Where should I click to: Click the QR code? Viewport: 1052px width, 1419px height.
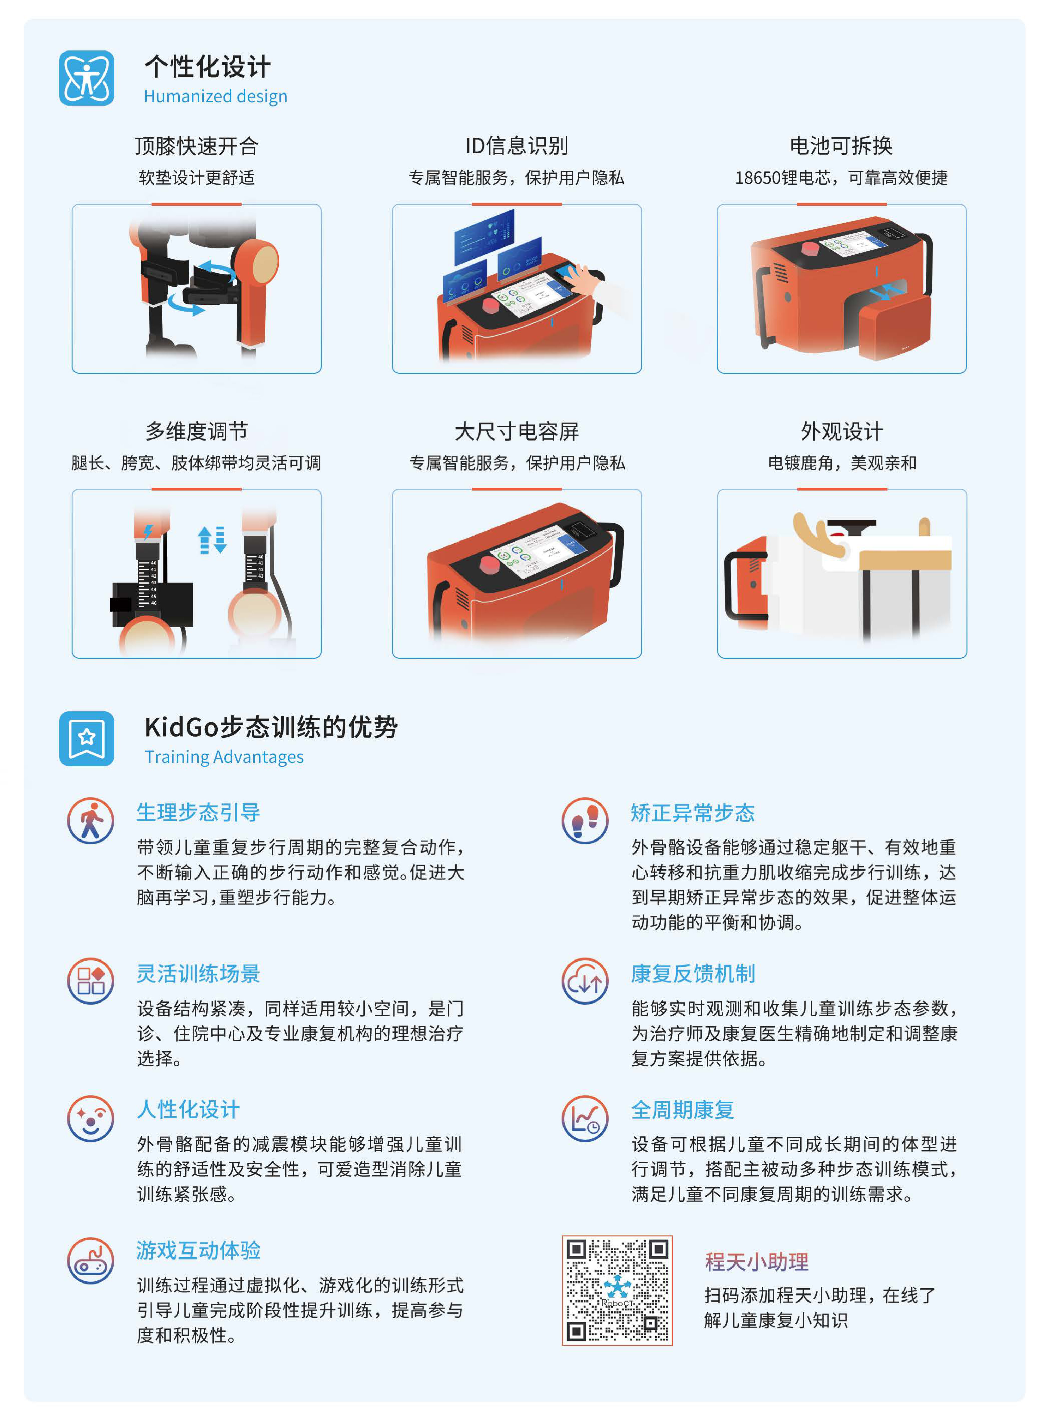pos(616,1290)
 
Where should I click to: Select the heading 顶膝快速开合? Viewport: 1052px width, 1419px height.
pos(196,146)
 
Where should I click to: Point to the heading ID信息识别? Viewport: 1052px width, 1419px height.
pos(516,146)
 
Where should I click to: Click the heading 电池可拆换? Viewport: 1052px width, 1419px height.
pos(841,146)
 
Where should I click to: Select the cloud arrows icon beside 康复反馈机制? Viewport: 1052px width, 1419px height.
pos(585,982)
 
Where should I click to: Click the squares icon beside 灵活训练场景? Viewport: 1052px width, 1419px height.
pos(90,982)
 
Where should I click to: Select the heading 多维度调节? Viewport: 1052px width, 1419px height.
pos(196,431)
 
